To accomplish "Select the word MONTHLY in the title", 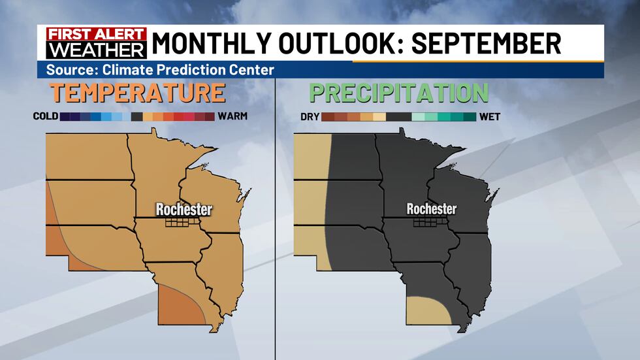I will coord(205,44).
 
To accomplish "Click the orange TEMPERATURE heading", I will coord(138,93).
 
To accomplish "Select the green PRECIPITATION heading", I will coord(399,93).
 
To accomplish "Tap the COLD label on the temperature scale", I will coord(45,117).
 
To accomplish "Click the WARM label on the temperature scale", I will coord(233,117).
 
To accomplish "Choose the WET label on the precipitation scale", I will coord(491,117).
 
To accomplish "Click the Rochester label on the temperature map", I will coord(184,209).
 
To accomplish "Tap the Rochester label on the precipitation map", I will coord(431,209).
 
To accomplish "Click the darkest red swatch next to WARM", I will coord(209,117).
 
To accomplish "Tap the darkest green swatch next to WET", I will coord(470,117).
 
